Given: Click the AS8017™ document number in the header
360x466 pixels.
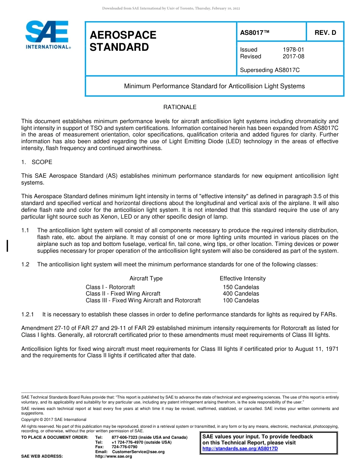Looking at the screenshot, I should coord(255,33).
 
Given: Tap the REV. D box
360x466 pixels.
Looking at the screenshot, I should coord(325,33).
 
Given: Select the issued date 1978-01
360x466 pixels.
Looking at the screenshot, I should coord(293,50).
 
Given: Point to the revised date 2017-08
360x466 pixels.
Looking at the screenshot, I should coord(293,56).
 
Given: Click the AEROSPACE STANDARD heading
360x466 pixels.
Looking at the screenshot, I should coord(123,41).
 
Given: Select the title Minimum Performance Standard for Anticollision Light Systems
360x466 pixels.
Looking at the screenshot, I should coord(214,86).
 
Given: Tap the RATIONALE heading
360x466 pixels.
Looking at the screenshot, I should coord(180,107).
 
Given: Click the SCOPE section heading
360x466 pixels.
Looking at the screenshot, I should coord(42,162).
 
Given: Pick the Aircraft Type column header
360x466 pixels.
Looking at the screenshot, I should coord(146,278).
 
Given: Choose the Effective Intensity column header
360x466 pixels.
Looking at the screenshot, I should coord(243,278).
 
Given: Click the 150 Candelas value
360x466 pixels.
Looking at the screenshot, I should coord(241,287).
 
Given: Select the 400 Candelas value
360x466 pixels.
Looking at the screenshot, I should coord(241,294).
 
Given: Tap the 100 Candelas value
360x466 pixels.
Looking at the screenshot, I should coord(241,300).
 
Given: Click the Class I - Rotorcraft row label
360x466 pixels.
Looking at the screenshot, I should coord(110,287).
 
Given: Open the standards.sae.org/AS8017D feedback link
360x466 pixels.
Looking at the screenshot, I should coord(240,449).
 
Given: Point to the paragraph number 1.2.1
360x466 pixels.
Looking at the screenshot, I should coord(28,314).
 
